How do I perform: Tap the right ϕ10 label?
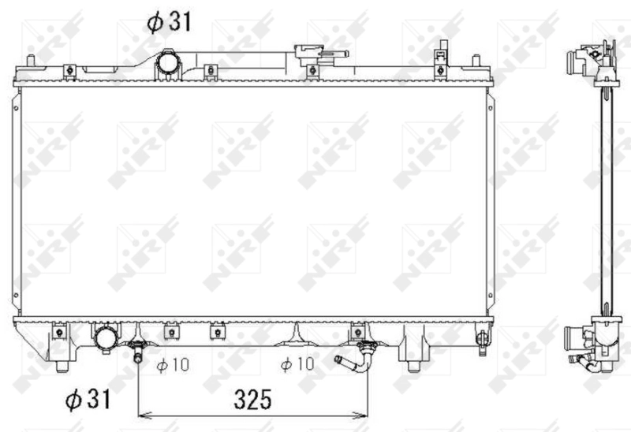[x=297, y=364]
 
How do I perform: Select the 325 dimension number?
[x=252, y=399]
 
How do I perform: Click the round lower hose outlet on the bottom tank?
[x=106, y=340]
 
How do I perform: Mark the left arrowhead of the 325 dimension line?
[x=143, y=415]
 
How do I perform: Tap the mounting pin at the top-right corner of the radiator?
[x=475, y=61]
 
